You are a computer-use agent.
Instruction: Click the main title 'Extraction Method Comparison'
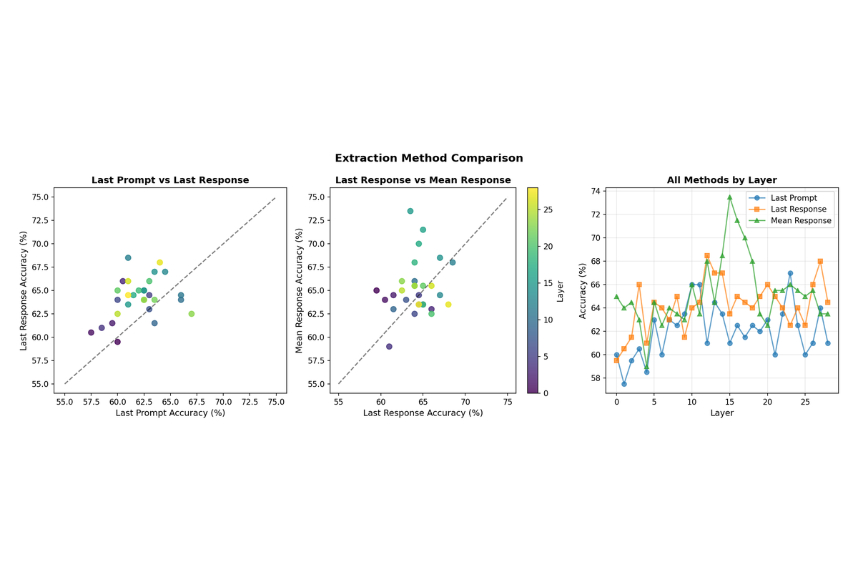pos(429,159)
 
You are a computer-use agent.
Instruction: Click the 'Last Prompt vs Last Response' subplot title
pos(170,180)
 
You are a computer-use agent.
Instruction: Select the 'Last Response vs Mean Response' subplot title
pos(423,180)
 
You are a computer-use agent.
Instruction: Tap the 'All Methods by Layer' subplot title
pos(721,180)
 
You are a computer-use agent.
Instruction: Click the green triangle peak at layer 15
pos(729,197)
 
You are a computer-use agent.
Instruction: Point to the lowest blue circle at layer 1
pos(624,384)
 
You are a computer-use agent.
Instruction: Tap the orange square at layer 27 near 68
pos(820,261)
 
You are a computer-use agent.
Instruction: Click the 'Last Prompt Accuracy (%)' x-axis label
pos(170,413)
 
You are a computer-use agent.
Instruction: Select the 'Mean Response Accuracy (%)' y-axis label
pos(300,290)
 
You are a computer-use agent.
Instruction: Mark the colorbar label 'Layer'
pos(561,290)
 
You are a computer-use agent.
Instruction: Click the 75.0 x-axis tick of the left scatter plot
pos(276,403)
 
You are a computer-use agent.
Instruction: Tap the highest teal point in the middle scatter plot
pos(410,211)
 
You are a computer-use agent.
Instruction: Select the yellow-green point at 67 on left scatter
pos(192,314)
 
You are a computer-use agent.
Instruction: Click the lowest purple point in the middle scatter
pos(389,347)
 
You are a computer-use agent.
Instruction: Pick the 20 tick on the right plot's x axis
pos(767,402)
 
